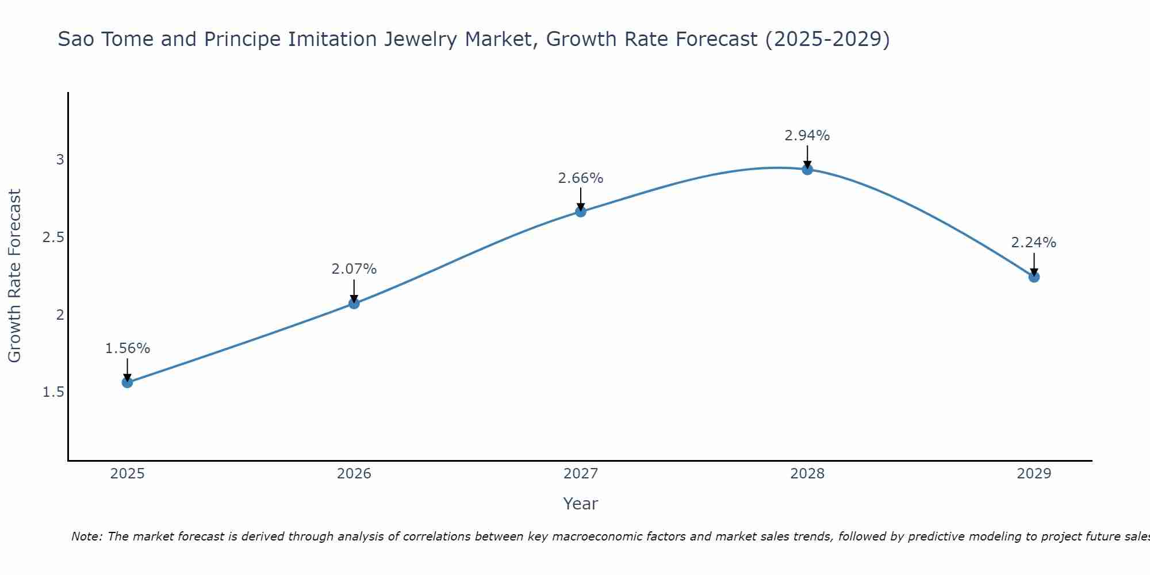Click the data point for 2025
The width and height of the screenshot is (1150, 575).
(128, 382)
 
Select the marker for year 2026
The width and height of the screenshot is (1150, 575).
(354, 303)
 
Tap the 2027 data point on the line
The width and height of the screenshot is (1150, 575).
(581, 212)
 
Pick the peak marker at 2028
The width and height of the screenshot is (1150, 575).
(807, 169)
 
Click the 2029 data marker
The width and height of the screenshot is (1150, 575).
(1034, 277)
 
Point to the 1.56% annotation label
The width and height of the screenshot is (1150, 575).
(128, 348)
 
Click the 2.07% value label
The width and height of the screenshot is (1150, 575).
(354, 269)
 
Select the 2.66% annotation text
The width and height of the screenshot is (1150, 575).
(581, 178)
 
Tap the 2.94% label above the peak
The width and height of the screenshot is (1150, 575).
(807, 136)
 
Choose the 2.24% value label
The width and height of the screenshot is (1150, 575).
(1034, 243)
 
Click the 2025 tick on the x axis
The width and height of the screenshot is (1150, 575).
(128, 474)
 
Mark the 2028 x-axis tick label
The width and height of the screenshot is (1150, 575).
(807, 474)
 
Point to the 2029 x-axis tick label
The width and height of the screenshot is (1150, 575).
(1034, 474)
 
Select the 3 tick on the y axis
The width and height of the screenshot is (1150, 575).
(60, 160)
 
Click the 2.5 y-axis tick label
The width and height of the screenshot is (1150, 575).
(53, 237)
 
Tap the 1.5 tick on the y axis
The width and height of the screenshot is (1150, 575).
(53, 392)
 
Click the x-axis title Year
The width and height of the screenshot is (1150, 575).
(581, 504)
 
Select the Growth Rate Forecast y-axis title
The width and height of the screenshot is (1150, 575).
(15, 276)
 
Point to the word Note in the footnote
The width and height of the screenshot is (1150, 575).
(86, 536)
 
